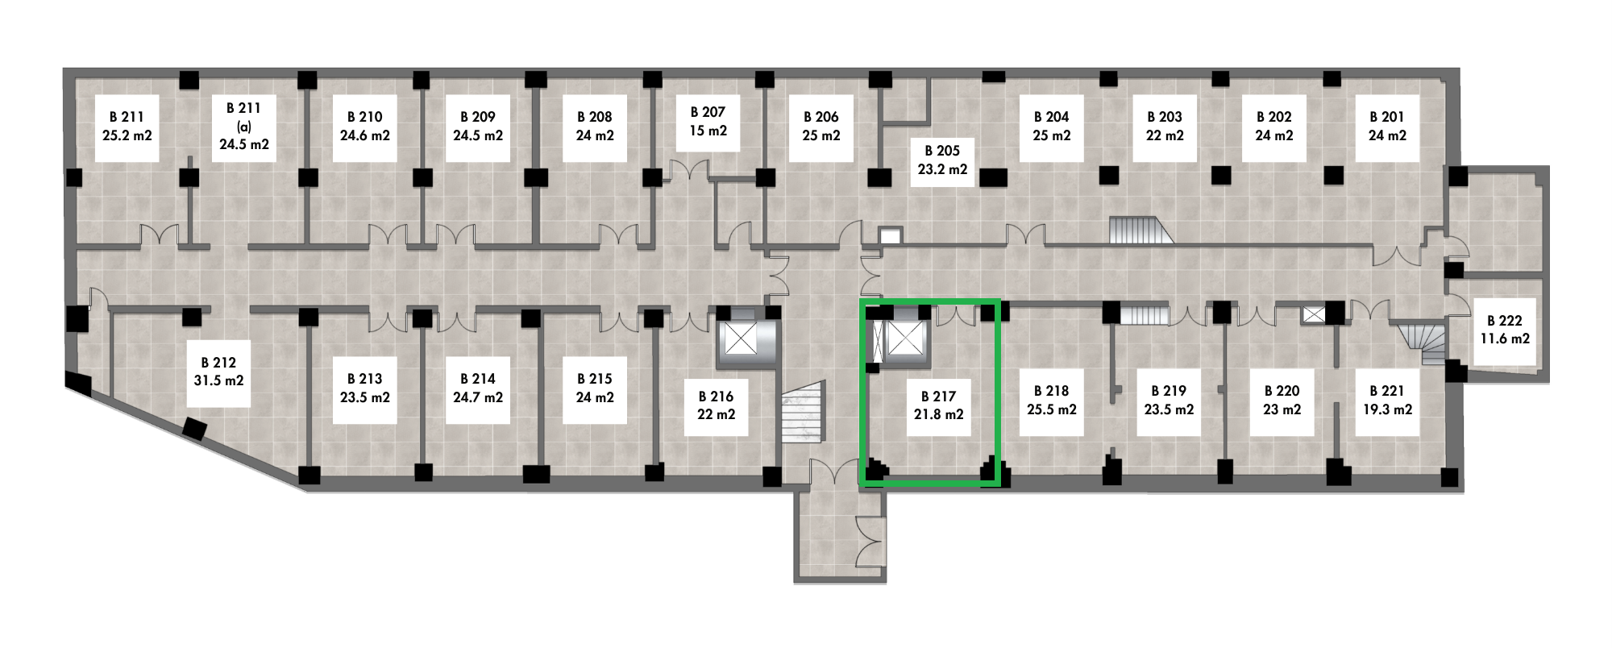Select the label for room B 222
click(1504, 330)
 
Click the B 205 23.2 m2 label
click(942, 160)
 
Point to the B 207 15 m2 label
click(708, 122)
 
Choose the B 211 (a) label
click(244, 127)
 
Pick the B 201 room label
click(1386, 127)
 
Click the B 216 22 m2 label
click(717, 405)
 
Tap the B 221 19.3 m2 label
click(1386, 400)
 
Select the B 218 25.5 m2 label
click(1052, 401)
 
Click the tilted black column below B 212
click(195, 429)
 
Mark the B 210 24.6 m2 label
click(365, 127)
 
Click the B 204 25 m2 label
click(1052, 127)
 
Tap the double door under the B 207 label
click(690, 170)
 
